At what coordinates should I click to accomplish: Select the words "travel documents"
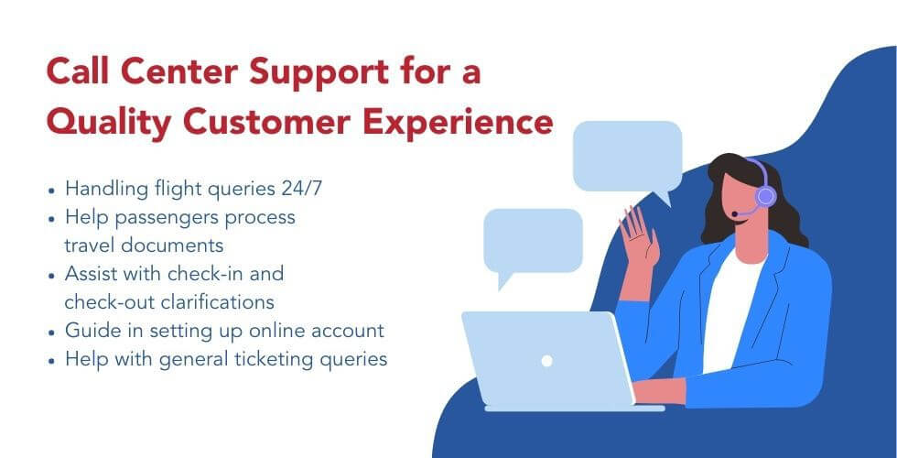[x=144, y=245]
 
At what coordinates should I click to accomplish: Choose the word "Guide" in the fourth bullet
[x=89, y=330]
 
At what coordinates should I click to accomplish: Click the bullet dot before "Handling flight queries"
[x=51, y=191]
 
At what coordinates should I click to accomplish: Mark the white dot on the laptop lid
[x=546, y=361]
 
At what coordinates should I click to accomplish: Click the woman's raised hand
[x=638, y=233]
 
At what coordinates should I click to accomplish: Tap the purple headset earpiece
[x=765, y=195]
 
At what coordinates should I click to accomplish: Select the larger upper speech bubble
[x=627, y=156]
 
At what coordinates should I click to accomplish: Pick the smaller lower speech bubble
[x=532, y=241]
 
